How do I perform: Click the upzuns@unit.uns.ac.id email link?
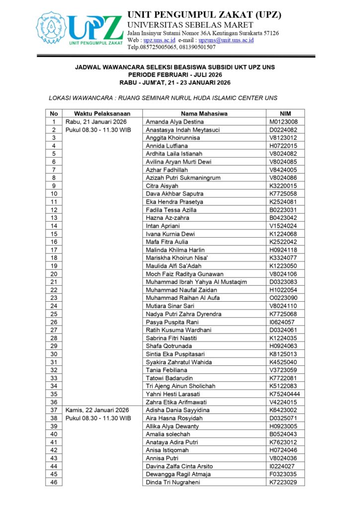tap(226, 40)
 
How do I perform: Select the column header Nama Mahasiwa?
tap(204, 113)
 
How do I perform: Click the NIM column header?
tap(285, 113)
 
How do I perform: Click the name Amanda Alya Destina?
tap(175, 122)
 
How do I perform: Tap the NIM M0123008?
tap(283, 122)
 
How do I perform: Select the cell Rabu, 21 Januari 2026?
tap(96, 122)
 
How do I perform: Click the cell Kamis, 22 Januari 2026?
tap(97, 410)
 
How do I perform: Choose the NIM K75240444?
tap(285, 394)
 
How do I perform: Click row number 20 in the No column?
tap(54, 274)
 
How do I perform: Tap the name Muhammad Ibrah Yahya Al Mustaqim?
tap(196, 282)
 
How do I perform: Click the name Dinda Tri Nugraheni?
tap(173, 482)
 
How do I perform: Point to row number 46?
tap(54, 482)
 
